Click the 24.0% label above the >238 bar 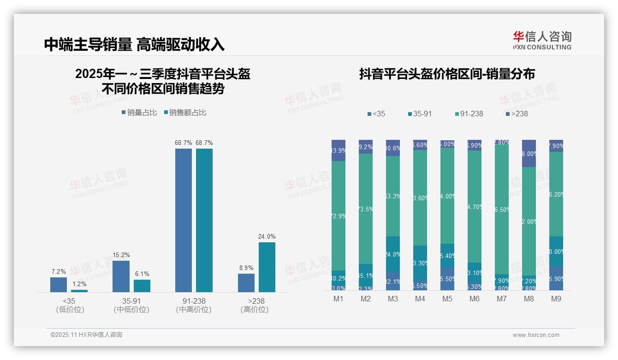coord(267,237)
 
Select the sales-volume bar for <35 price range coord(59,284)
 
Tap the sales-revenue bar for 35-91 coord(142,286)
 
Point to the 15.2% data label coord(121,255)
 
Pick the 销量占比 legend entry coord(139,113)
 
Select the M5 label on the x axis coord(447,299)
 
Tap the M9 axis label coord(556,299)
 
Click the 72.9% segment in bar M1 coord(339,216)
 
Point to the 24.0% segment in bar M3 coord(393,254)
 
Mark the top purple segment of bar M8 coord(529,153)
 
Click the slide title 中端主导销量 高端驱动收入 coord(134,44)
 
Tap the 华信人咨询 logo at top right coord(542,40)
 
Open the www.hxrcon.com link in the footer coord(536,335)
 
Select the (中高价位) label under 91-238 coord(194,310)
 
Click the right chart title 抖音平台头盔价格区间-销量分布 coord(447,74)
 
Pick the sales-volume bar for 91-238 coord(184,220)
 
